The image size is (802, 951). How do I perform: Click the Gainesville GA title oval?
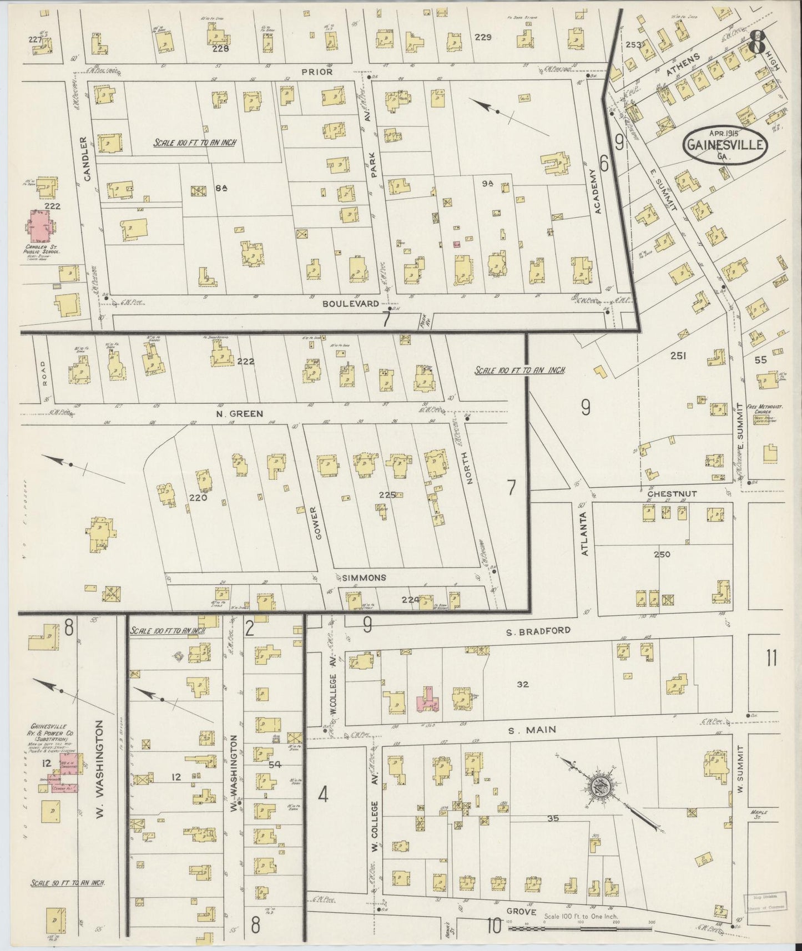[725, 145]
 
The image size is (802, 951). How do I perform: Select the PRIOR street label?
[317, 72]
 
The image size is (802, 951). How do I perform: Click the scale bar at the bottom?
[580, 928]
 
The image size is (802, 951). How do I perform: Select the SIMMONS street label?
[364, 578]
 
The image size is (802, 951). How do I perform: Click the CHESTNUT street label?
[672, 493]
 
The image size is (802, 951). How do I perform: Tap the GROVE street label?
[521, 912]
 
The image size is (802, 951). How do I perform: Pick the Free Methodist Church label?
[768, 410]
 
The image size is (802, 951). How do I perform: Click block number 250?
[662, 554]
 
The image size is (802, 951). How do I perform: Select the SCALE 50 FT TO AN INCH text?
[68, 882]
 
